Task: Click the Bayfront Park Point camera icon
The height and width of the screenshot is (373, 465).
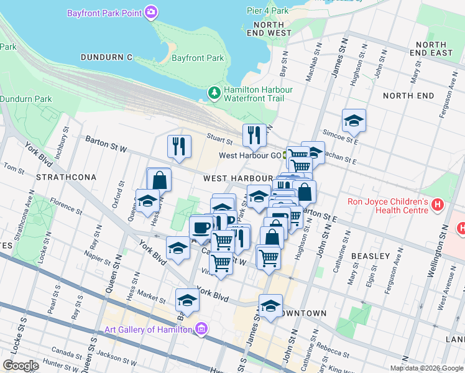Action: pos(150,12)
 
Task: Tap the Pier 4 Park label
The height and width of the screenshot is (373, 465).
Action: pos(267,11)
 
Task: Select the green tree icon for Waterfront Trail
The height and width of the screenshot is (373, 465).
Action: pos(214,93)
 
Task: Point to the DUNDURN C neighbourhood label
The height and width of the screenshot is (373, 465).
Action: pos(106,57)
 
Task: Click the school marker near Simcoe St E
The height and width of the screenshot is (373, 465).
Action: pos(354,120)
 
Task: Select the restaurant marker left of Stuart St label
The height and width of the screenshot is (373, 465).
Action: pos(179,146)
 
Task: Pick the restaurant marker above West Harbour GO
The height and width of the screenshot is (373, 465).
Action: pos(254,134)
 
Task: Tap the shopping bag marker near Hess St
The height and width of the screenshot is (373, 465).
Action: pos(159,180)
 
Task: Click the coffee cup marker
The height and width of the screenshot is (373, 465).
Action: pos(201,227)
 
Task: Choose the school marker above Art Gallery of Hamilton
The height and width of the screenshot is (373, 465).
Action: pos(187,300)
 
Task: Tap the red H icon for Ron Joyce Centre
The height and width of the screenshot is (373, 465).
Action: pos(438,204)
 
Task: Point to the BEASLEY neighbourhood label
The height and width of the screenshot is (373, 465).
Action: pos(370,256)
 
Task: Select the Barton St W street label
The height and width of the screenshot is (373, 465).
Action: pos(106,144)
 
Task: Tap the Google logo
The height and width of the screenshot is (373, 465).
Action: pos(21,365)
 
